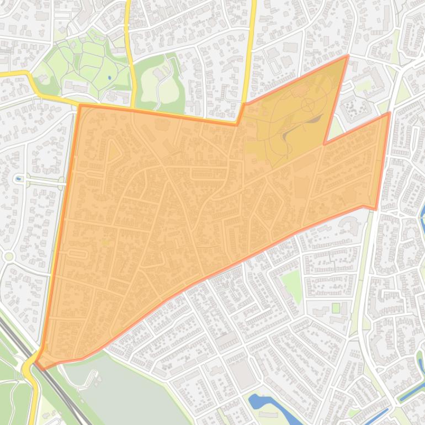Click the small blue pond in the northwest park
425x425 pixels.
pyautogui.click(x=109, y=77)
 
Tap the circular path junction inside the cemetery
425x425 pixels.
pyautogui.click(x=307, y=104)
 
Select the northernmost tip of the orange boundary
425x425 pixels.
pyautogui.click(x=347, y=56)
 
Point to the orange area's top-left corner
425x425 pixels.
pyautogui.click(x=80, y=105)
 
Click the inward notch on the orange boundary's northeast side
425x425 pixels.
pyautogui.click(x=325, y=144)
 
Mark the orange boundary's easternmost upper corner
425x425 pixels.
pyautogui.click(x=390, y=113)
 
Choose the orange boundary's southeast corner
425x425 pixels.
pyautogui.click(x=376, y=209)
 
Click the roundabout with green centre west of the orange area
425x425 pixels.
pyautogui.click(x=8, y=256)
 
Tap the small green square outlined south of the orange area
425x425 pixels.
pyautogui.click(x=336, y=307)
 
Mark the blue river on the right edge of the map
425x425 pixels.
pyautogui.click(x=422, y=221)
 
